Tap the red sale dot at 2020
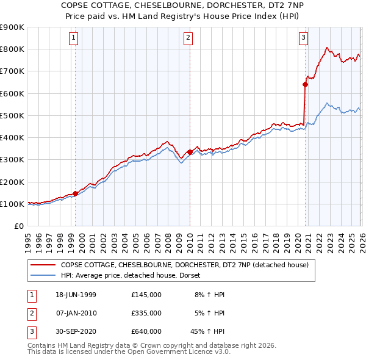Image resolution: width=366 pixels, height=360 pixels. [x=305, y=85]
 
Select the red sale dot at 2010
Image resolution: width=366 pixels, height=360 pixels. [x=190, y=152]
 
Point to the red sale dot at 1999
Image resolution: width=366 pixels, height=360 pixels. [x=76, y=194]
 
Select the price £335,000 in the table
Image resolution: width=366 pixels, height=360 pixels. [x=146, y=313]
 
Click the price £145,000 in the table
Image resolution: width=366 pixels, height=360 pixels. [x=146, y=295]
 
